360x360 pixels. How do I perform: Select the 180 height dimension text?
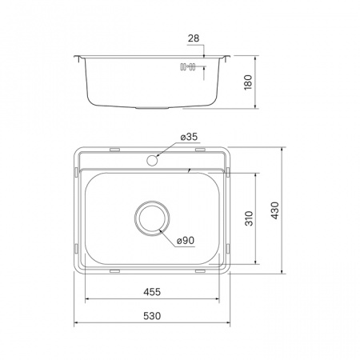[249, 82]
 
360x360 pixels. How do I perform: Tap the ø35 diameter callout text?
[190, 138]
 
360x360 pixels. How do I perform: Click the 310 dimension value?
[249, 218]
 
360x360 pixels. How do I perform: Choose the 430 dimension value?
[276, 211]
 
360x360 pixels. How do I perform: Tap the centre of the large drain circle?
[152, 218]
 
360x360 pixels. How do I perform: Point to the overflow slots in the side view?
[189, 67]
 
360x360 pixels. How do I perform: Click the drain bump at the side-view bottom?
[152, 107]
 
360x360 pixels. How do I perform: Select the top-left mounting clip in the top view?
[114, 150]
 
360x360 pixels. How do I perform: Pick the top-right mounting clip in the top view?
[194, 150]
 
